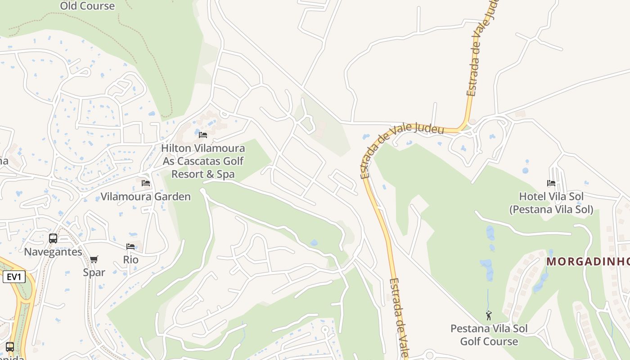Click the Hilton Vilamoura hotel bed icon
pos(203,135)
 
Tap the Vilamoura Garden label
pos(145,197)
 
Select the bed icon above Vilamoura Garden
pos(146,183)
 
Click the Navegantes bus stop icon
pos(53,238)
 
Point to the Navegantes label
pos(53,252)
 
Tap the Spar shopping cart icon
pos(94,259)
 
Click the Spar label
pos(94,272)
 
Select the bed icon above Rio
pos(130,247)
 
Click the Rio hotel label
pos(130,260)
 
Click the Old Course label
pos(87,6)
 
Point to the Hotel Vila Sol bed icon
pos(551,183)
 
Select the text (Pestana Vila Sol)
pos(551,209)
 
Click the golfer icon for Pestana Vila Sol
pos(489,315)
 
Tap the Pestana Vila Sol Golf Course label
pos(489,335)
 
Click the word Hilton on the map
pos(176,148)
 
